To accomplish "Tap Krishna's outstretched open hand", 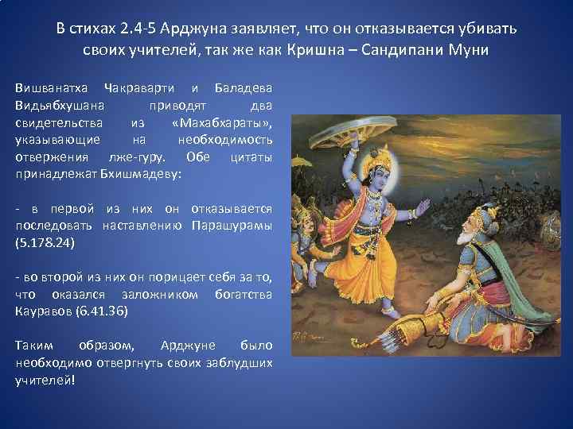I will pos(423,208).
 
